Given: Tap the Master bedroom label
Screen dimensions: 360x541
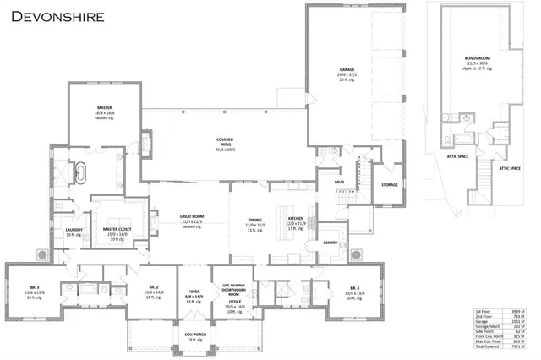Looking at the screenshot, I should pos(105,107).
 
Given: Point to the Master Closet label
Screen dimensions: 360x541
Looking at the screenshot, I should pos(117,229).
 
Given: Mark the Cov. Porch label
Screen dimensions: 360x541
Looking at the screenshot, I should pos(194,334).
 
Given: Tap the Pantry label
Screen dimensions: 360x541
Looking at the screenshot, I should pos(331,243).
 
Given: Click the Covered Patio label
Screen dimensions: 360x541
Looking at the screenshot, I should pos(224,140).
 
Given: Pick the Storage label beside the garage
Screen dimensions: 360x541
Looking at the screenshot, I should pos(389,184).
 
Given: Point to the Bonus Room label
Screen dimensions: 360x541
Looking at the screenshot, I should pos(477,59).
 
